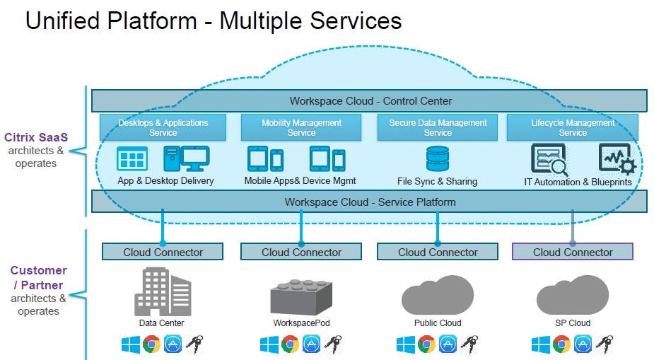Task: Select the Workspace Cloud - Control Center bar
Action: click(x=370, y=100)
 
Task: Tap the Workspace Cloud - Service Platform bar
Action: click(x=370, y=202)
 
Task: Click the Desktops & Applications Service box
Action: click(x=163, y=127)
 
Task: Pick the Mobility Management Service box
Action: click(x=301, y=127)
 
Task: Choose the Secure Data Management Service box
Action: click(x=438, y=127)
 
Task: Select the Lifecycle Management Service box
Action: click(x=573, y=127)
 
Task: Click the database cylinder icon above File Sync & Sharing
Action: click(x=437, y=159)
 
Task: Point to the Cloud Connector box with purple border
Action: click(x=573, y=252)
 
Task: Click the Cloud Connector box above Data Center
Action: click(x=163, y=252)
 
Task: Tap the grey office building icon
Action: click(x=162, y=291)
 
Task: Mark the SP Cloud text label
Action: click(x=573, y=323)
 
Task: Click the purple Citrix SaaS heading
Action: click(x=35, y=137)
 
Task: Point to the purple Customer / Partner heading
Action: click(x=38, y=278)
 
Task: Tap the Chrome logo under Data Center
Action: click(x=151, y=344)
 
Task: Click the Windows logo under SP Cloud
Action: click(x=541, y=344)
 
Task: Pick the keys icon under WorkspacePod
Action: click(x=332, y=344)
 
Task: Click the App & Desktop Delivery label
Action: click(x=165, y=180)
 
